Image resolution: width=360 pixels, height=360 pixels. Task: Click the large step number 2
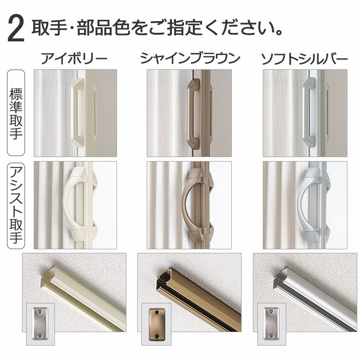16,29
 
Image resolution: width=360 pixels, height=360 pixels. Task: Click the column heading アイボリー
74,58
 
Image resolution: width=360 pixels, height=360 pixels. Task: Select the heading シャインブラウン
190,58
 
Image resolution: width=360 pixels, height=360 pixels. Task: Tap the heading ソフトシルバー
305,59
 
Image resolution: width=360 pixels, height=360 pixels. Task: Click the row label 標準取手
16,113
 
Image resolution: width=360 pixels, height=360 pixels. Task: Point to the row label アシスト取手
16,205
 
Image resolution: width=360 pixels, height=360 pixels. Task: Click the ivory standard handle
78,112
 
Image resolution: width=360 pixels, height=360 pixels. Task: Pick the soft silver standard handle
309,112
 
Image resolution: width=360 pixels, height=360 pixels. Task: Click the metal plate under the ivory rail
40,324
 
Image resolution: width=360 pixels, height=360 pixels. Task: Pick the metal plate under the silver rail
271,324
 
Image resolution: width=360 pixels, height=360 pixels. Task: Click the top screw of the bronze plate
157,312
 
